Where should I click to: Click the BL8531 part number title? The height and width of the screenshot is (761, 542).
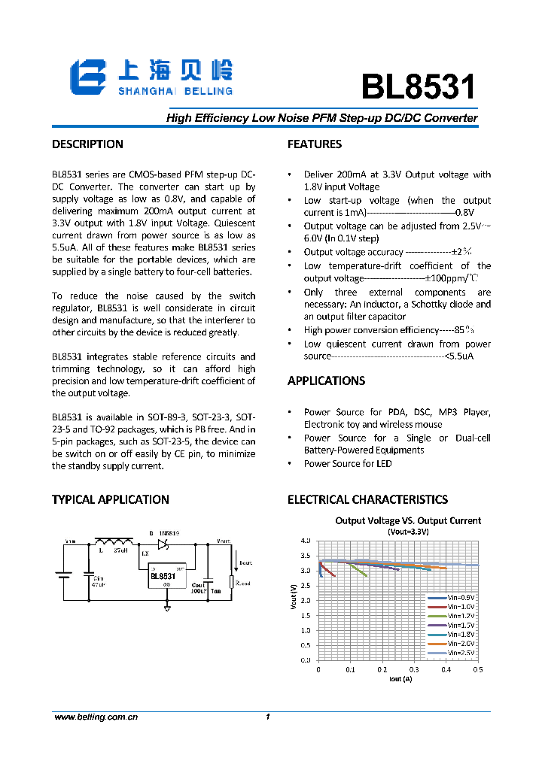(x=419, y=87)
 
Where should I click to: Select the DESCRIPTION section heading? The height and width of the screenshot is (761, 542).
(x=87, y=144)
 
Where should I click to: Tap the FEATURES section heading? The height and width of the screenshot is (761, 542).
(x=315, y=144)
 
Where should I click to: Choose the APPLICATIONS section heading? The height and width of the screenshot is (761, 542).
(x=327, y=380)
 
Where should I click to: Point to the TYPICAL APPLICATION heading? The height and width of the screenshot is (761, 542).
(x=110, y=499)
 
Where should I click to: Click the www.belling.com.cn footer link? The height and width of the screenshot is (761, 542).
(x=96, y=717)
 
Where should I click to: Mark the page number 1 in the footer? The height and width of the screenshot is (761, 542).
(x=268, y=717)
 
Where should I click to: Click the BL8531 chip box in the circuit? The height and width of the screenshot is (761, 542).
(x=167, y=575)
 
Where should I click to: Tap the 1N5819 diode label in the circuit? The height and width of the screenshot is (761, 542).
(x=167, y=533)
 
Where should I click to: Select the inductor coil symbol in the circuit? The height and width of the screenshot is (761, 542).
(x=113, y=541)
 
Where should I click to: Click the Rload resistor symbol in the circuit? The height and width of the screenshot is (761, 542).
(x=232, y=581)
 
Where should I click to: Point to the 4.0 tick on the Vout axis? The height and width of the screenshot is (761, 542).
(x=305, y=541)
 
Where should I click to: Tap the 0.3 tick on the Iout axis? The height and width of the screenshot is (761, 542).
(x=414, y=669)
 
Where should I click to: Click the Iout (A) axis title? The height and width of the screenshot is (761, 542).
(x=400, y=679)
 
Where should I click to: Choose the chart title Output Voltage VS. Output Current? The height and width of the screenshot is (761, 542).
(x=408, y=520)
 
